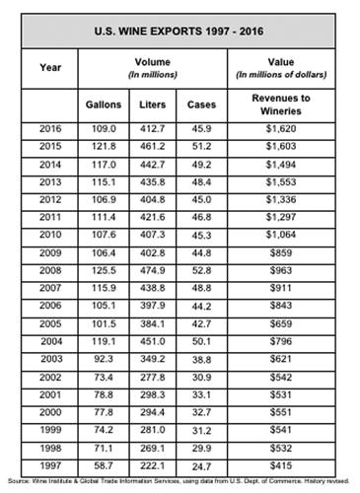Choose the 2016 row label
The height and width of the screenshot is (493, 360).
50,128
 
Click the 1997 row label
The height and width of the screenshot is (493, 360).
50,462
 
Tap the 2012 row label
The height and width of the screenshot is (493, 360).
50,198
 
